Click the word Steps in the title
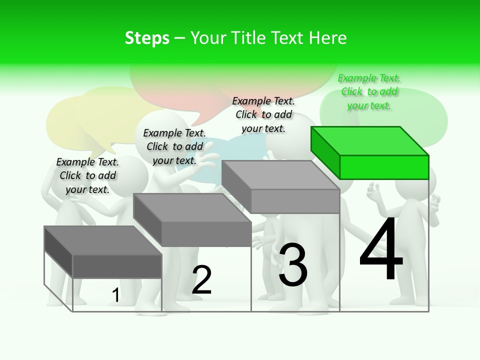[x=147, y=38]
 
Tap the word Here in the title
[x=328, y=38]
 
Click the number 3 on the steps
[x=293, y=265]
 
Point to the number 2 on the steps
[x=201, y=280]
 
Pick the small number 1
[x=115, y=295]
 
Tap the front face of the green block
[x=384, y=167]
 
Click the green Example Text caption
[x=369, y=92]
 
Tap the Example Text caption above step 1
[x=87, y=175]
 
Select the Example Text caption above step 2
[x=174, y=146]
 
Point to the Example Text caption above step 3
[x=263, y=114]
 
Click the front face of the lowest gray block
[x=117, y=266]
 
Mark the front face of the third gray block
[x=295, y=201]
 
